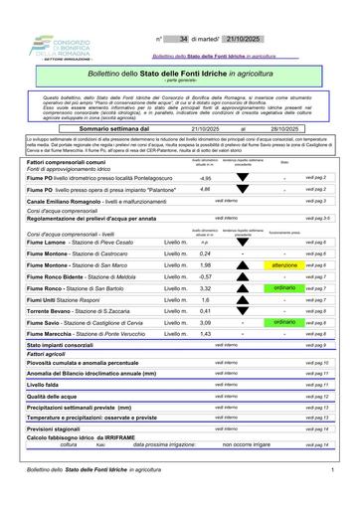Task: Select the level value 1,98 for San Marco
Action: (206, 265)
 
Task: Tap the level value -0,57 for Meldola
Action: (206, 276)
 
